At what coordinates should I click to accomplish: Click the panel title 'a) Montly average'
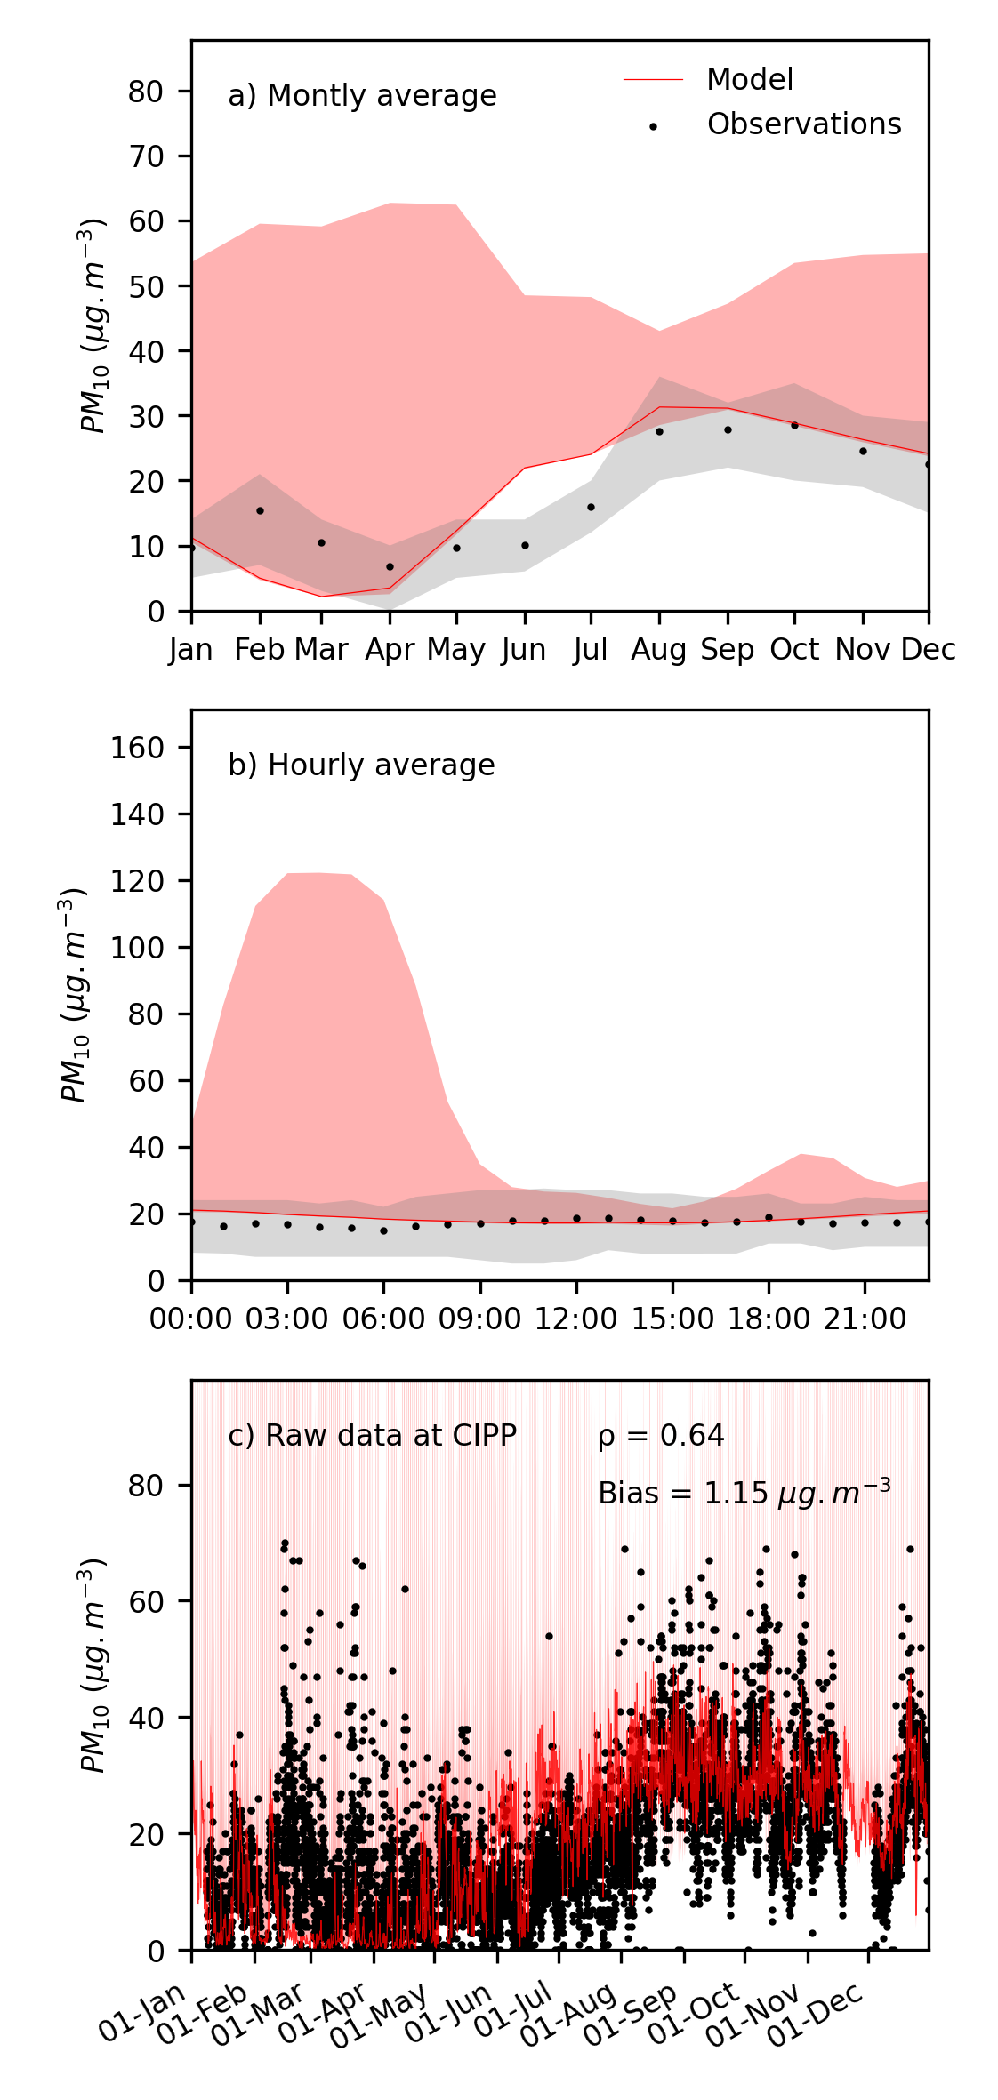[x=362, y=96]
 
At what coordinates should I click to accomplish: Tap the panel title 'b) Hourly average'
[x=361, y=765]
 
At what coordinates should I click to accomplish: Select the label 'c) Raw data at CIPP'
[x=372, y=1436]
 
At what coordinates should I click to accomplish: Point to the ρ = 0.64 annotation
[x=661, y=1436]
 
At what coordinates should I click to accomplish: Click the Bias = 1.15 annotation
[x=744, y=1493]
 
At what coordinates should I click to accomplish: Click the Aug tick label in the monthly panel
[x=658, y=650]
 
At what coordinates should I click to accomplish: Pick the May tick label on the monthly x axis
[x=455, y=650]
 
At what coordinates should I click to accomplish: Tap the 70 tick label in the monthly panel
[x=147, y=156]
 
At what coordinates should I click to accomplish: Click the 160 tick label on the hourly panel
[x=138, y=748]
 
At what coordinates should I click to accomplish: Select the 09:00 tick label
[x=479, y=1319]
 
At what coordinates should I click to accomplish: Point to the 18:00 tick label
[x=769, y=1319]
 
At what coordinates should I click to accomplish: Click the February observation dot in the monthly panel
[x=260, y=510]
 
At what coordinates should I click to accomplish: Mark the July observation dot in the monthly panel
[x=591, y=507]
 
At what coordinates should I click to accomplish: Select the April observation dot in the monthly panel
[x=390, y=566]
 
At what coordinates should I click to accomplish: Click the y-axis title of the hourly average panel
[x=73, y=994]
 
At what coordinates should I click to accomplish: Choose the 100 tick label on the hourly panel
[x=138, y=948]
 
